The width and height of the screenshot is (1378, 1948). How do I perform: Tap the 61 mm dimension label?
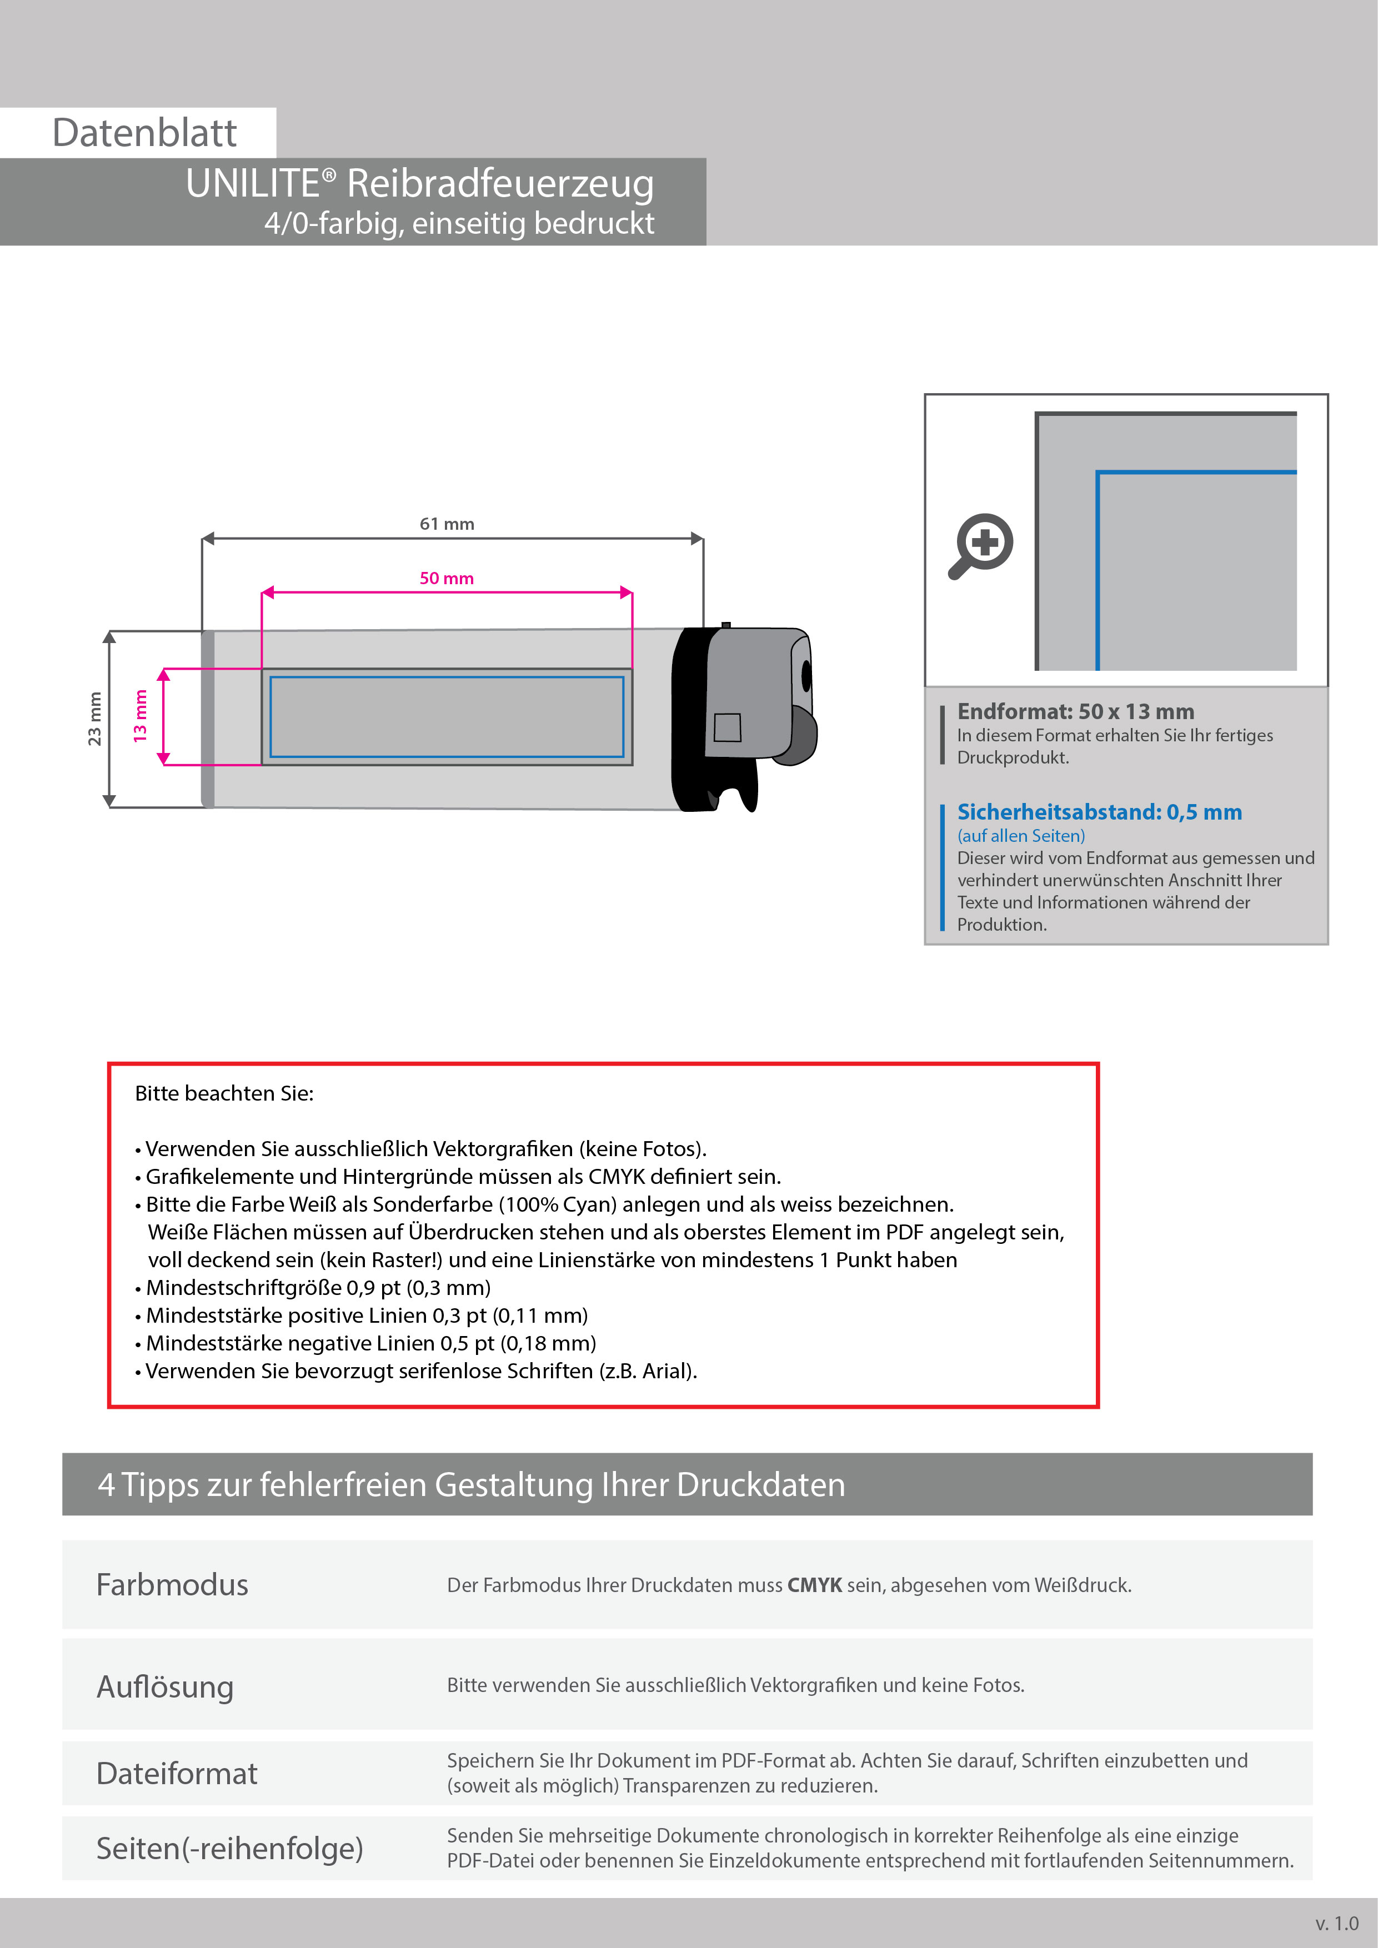click(447, 524)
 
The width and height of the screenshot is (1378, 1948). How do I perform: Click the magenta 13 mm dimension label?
click(140, 716)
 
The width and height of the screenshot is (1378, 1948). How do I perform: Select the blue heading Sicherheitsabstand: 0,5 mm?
click(1099, 811)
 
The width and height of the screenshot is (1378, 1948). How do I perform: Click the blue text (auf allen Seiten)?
click(1021, 836)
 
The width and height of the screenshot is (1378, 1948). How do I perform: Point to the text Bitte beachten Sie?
click(224, 1093)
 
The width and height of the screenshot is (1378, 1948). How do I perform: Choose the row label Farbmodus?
click(172, 1585)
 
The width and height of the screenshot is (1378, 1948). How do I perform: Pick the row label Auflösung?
click(166, 1686)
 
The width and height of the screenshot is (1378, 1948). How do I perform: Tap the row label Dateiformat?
click(177, 1773)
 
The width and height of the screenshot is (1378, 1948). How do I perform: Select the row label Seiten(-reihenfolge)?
click(229, 1848)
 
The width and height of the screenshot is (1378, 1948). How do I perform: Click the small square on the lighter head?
click(727, 727)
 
